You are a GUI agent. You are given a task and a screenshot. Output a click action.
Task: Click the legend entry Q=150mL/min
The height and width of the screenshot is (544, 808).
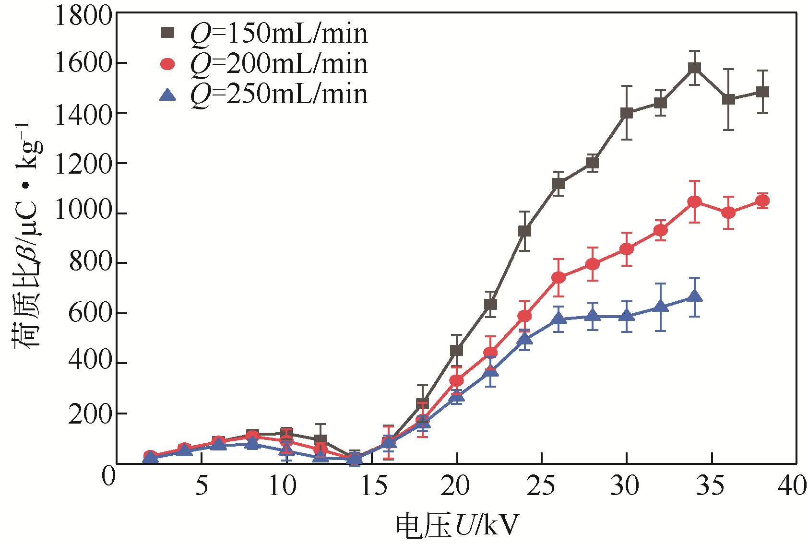264,34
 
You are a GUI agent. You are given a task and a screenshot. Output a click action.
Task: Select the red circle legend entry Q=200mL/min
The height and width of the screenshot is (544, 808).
264,64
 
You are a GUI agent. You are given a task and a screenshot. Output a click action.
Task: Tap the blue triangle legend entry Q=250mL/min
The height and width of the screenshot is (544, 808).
264,94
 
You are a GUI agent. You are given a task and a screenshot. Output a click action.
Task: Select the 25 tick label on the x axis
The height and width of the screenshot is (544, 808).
541,486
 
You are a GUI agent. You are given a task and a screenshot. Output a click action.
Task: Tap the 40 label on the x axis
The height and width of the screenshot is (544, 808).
792,486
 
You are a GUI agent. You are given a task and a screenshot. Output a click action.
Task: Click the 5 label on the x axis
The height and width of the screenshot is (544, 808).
202,486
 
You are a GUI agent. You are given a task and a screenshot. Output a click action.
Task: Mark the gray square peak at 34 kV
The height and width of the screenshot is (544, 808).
694,68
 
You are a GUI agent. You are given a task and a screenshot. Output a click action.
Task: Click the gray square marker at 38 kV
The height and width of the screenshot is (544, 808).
762,92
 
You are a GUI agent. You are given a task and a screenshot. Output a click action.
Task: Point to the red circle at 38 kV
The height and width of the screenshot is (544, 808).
762,201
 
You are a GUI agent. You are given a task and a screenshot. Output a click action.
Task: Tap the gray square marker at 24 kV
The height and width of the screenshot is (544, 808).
524,231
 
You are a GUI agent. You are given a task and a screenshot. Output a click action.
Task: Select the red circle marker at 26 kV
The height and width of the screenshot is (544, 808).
558,278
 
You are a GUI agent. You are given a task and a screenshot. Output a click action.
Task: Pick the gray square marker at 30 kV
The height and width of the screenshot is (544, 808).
627,113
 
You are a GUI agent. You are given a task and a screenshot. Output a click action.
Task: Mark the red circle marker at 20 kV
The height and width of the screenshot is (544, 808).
456,380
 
